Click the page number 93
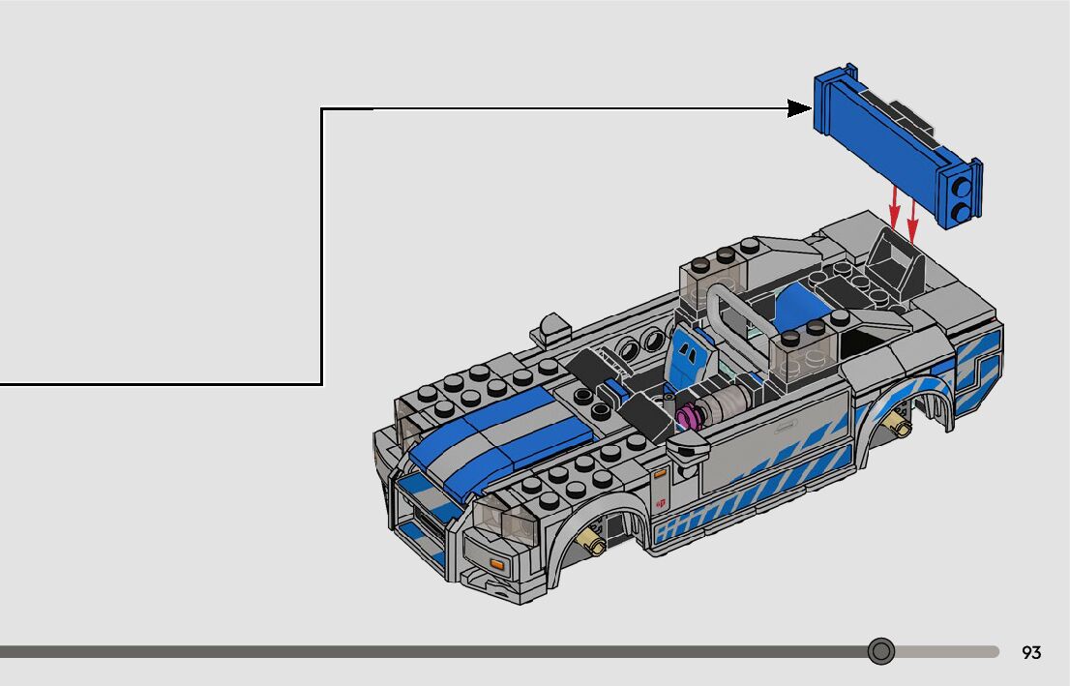click(1031, 652)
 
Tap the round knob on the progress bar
click(881, 651)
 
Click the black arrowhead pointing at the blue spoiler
click(799, 108)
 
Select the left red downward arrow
click(894, 208)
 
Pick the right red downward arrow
click(912, 219)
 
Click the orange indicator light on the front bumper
click(496, 564)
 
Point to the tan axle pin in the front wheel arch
click(591, 543)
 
